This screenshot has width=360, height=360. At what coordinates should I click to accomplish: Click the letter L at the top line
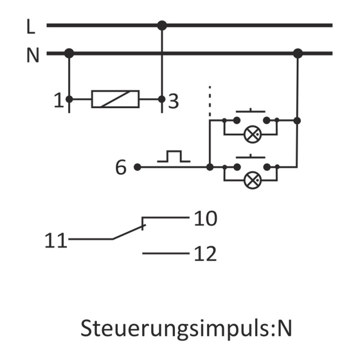pyautogui.click(x=30, y=27)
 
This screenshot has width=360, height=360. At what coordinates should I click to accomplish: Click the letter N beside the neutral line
pyautogui.click(x=32, y=56)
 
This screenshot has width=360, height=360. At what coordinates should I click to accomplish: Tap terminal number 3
pyautogui.click(x=173, y=102)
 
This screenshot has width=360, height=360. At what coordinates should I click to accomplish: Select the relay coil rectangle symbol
pyautogui.click(x=115, y=99)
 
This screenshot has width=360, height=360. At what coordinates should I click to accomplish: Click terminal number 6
pyautogui.click(x=121, y=168)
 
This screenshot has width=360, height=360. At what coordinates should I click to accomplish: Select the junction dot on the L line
pyautogui.click(x=162, y=26)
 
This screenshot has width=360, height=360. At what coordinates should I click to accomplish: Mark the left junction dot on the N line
pyautogui.click(x=69, y=54)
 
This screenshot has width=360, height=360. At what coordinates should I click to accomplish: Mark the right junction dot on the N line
pyautogui.click(x=297, y=54)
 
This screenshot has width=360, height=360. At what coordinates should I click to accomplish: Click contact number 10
pyautogui.click(x=206, y=219)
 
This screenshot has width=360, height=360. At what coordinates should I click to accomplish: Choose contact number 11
pyautogui.click(x=55, y=241)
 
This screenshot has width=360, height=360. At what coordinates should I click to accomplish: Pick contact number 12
pyautogui.click(x=206, y=255)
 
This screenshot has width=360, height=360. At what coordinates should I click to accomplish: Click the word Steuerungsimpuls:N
pyautogui.click(x=186, y=328)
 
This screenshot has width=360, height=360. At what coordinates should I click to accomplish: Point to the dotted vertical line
pyautogui.click(x=210, y=101)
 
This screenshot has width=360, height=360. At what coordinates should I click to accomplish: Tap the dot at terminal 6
pyautogui.click(x=137, y=167)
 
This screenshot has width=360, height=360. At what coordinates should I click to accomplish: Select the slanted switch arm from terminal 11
pyautogui.click(x=128, y=232)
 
